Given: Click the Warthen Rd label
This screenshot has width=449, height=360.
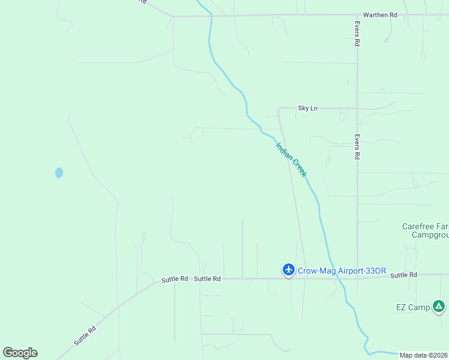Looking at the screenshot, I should [x=380, y=14].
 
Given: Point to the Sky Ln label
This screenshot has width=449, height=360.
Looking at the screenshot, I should [x=307, y=108].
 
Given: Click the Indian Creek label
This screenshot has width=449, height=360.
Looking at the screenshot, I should [x=291, y=159].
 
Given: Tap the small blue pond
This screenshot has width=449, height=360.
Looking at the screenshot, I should [x=59, y=173].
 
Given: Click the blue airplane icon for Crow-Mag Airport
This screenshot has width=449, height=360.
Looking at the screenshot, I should [x=289, y=270].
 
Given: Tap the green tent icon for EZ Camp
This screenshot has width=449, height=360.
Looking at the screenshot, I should [x=439, y=307].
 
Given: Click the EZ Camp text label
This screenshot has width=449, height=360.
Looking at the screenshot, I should [x=412, y=307].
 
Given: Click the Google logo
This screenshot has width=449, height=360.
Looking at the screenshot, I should [x=20, y=352].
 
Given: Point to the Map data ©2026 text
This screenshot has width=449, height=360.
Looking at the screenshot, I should [x=423, y=355].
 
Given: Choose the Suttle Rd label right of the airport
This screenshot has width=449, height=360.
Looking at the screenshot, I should [x=403, y=275].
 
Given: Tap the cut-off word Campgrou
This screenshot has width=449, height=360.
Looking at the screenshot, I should [x=430, y=235].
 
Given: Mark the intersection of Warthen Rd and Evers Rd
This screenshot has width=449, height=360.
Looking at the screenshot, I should [x=357, y=15].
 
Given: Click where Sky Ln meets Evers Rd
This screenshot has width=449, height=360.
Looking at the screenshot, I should [x=357, y=109].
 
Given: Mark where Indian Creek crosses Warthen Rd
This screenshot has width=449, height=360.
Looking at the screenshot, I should [x=211, y=16].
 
